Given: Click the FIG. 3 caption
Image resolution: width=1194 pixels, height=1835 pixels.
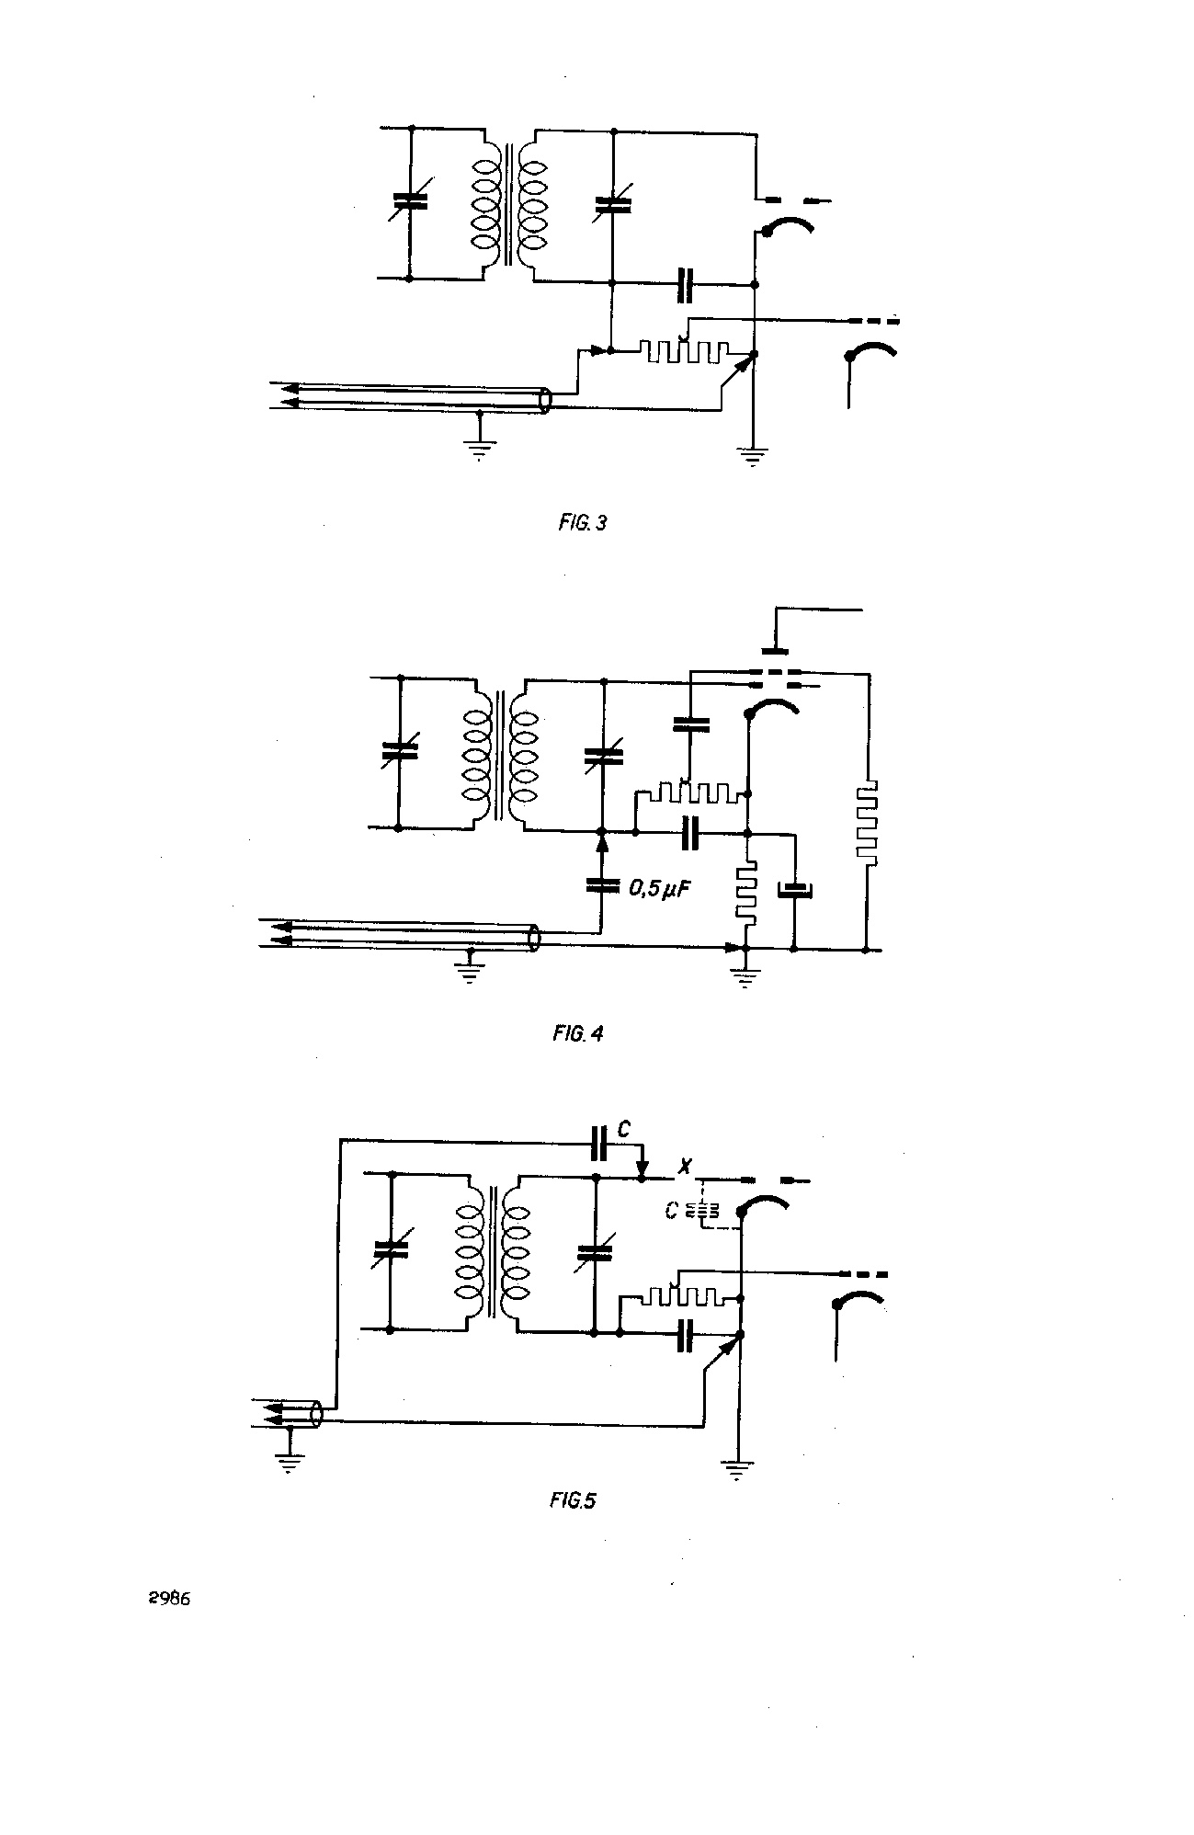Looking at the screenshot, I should click(x=583, y=524).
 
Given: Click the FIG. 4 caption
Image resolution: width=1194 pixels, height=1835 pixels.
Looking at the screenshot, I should click(x=578, y=1033).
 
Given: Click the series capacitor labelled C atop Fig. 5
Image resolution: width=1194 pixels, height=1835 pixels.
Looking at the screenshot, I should click(x=600, y=1142).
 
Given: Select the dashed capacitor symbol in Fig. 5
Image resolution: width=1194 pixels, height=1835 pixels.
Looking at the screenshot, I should click(x=703, y=1212).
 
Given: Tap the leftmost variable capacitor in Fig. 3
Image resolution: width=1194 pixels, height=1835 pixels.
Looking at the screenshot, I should click(x=410, y=203).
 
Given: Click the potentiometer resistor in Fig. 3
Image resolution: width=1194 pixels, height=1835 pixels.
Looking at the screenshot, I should click(x=685, y=351).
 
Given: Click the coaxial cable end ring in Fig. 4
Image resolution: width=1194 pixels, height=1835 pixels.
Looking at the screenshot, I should click(x=534, y=938).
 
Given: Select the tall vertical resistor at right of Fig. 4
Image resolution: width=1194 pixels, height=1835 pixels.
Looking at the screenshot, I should click(x=866, y=824).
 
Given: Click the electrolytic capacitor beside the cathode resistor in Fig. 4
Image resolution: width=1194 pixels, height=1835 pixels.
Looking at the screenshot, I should click(x=794, y=891).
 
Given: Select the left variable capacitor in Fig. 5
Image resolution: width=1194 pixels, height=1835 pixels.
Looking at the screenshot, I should click(x=392, y=1250).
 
